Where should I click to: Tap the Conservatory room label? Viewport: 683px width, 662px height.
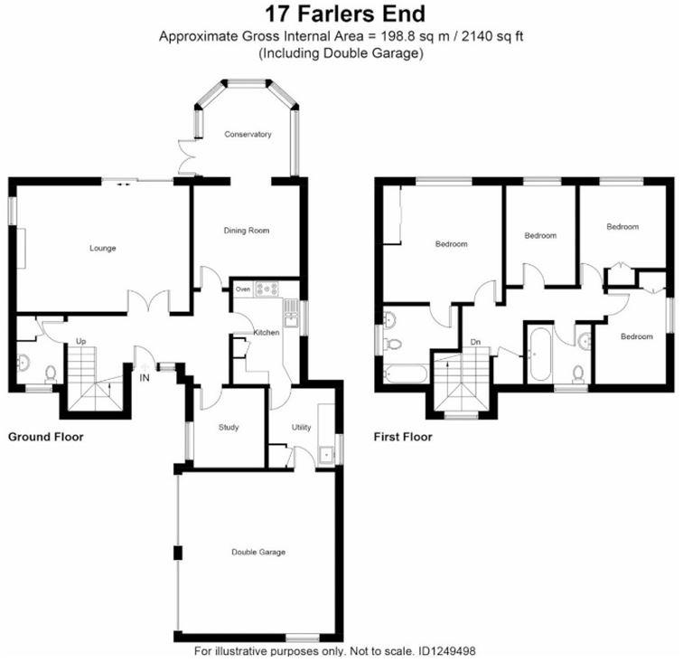tap(248, 135)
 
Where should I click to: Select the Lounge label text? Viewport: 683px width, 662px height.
tap(102, 248)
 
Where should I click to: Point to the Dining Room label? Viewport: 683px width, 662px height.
tap(247, 231)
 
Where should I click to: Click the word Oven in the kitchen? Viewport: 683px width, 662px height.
tap(243, 289)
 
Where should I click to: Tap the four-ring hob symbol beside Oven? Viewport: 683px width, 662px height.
tap(268, 289)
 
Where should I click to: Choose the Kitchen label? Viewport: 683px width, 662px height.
tap(266, 333)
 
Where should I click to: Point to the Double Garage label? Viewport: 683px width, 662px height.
tap(258, 552)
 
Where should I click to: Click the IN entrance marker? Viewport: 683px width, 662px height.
tap(145, 378)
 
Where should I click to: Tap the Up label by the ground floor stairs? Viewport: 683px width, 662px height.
tap(80, 342)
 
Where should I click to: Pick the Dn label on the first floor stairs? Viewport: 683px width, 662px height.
tap(475, 342)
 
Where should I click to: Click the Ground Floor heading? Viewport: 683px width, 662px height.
tap(46, 437)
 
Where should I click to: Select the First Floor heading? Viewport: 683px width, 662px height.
tap(403, 437)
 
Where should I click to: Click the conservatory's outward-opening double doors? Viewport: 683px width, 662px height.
tap(187, 156)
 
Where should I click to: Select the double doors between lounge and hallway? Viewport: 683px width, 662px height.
tap(147, 303)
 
